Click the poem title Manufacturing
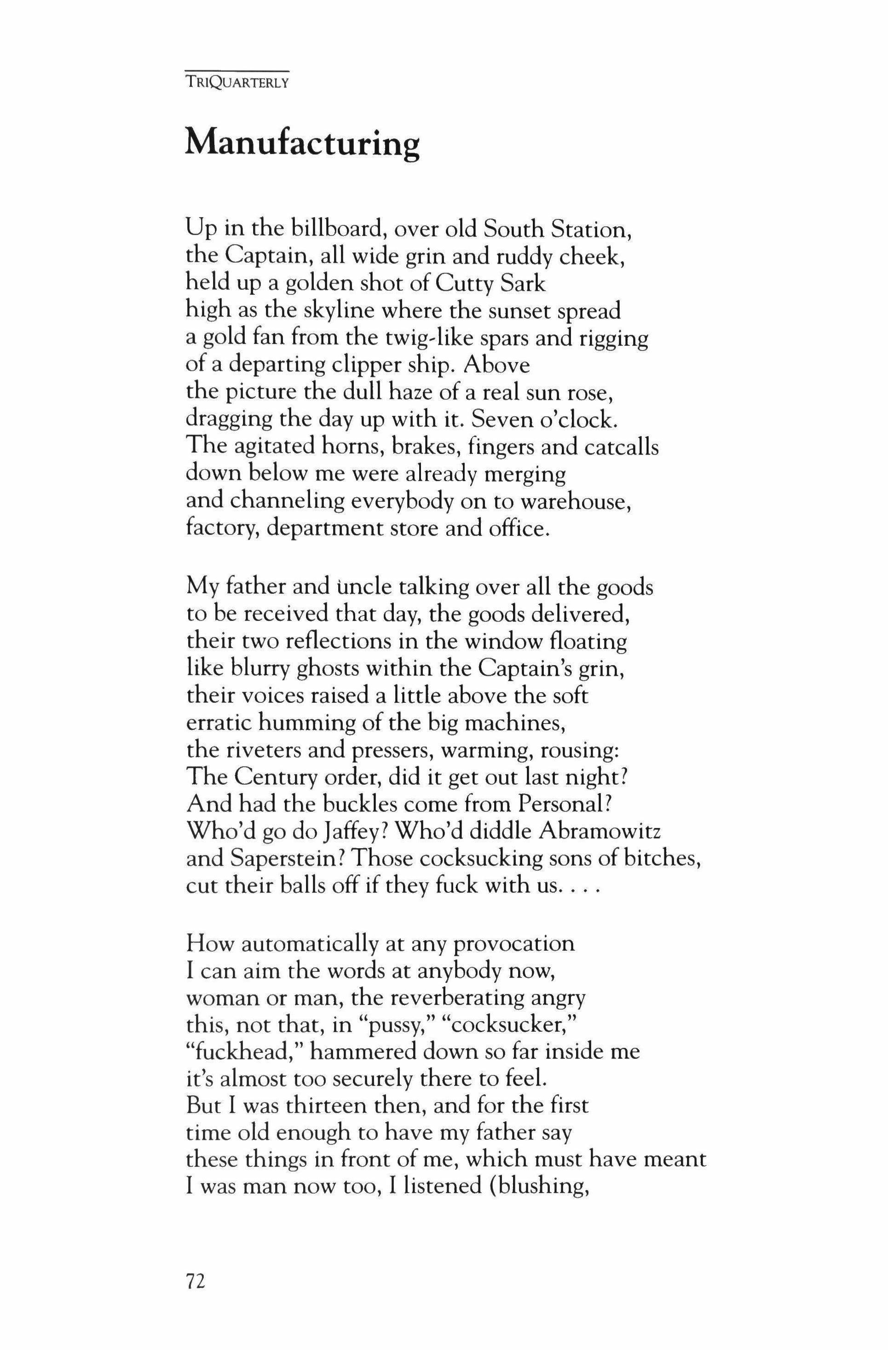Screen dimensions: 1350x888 (302, 144)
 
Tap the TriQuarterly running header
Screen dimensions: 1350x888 (237, 83)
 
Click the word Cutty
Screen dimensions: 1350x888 (461, 284)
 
